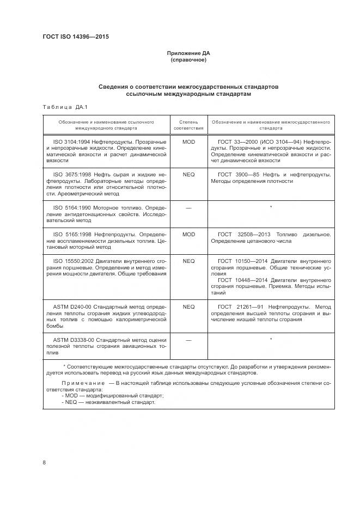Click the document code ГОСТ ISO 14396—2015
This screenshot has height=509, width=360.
79,37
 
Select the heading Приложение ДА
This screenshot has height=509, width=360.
188,53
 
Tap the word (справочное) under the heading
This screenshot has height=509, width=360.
188,60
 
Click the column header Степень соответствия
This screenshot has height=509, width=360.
188,125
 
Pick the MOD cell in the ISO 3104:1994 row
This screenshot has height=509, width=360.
188,142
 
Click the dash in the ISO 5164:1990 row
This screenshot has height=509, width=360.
188,207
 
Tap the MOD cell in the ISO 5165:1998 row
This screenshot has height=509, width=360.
188,234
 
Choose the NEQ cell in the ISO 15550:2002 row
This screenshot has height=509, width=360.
188,261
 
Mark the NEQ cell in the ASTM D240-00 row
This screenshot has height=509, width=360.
188,306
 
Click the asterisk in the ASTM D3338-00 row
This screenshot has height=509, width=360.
271,340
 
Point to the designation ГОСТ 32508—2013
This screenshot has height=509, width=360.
246,234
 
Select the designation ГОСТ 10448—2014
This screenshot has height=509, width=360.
246,280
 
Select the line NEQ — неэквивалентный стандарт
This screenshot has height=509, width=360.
109,402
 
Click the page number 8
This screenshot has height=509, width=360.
44,463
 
